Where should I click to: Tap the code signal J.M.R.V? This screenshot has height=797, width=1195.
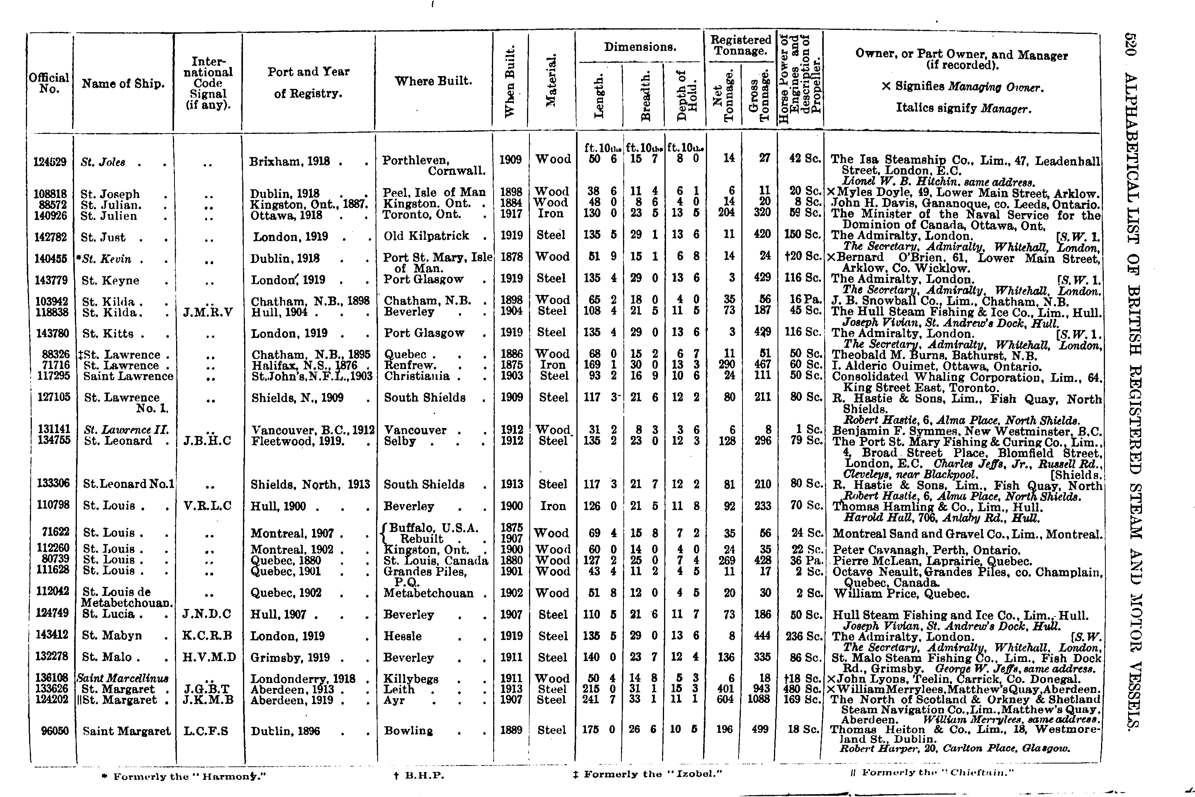(x=208, y=312)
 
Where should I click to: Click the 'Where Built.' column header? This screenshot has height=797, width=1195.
(x=433, y=81)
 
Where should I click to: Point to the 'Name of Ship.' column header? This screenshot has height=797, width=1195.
(x=123, y=84)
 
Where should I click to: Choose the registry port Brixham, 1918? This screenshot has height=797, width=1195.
(x=290, y=162)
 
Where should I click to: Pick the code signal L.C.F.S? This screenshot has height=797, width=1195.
(x=206, y=731)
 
